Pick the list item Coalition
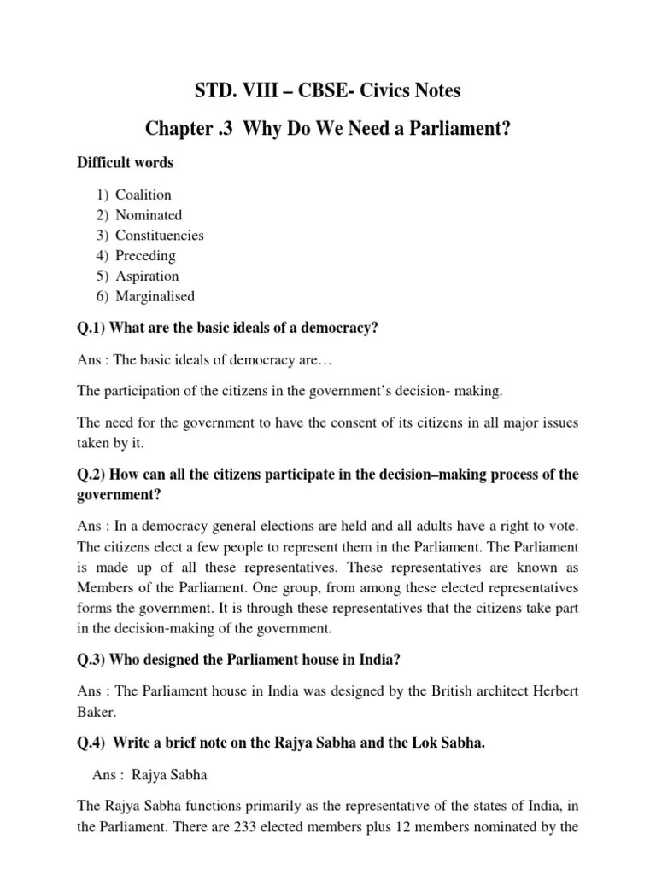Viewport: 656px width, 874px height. (x=143, y=195)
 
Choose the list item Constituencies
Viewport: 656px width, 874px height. (x=160, y=236)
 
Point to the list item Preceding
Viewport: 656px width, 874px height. (x=145, y=255)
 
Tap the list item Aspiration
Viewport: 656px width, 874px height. (x=147, y=276)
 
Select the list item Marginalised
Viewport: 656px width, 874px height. (x=155, y=296)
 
